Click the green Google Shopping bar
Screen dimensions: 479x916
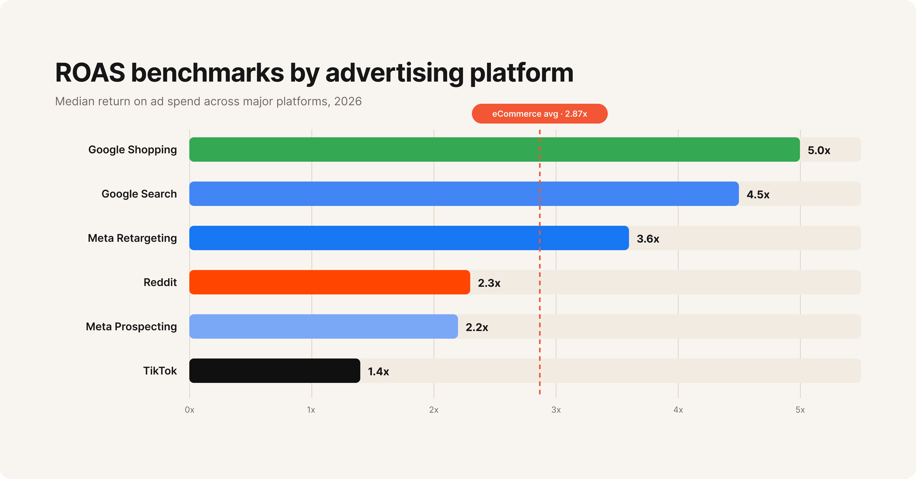click(494, 150)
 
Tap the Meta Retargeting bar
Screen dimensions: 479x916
click(409, 238)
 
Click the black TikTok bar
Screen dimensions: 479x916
click(275, 371)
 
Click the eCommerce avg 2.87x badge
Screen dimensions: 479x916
click(539, 114)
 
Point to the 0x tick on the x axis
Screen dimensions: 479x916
click(189, 410)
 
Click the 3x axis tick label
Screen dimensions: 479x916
click(556, 410)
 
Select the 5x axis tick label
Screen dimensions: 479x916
click(800, 410)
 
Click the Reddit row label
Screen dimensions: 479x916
click(160, 282)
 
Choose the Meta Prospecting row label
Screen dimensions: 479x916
click(131, 326)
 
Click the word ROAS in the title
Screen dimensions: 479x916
click(90, 73)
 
